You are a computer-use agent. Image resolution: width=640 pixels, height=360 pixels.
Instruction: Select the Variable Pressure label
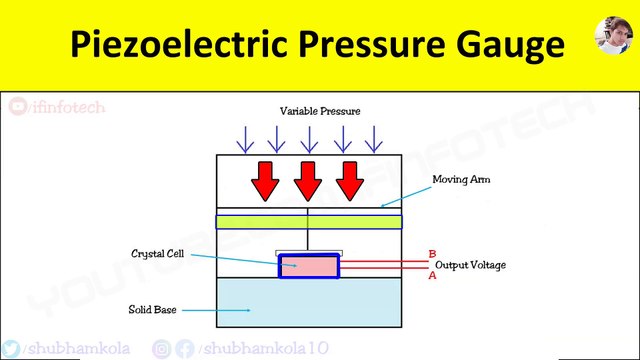319,110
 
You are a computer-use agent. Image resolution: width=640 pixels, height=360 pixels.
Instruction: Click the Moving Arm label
460,180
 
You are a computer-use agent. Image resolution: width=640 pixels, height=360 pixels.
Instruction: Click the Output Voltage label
470,265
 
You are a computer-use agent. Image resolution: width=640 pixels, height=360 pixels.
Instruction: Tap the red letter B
431,254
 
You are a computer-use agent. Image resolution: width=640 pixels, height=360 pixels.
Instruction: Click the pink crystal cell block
308,266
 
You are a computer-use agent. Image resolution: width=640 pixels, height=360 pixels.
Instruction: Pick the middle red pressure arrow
308,178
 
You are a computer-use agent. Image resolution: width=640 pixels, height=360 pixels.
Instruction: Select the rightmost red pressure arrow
349,178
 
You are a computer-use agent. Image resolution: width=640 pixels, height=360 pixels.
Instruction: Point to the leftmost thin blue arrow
245,138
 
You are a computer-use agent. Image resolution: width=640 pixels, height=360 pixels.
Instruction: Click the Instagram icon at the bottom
161,349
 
